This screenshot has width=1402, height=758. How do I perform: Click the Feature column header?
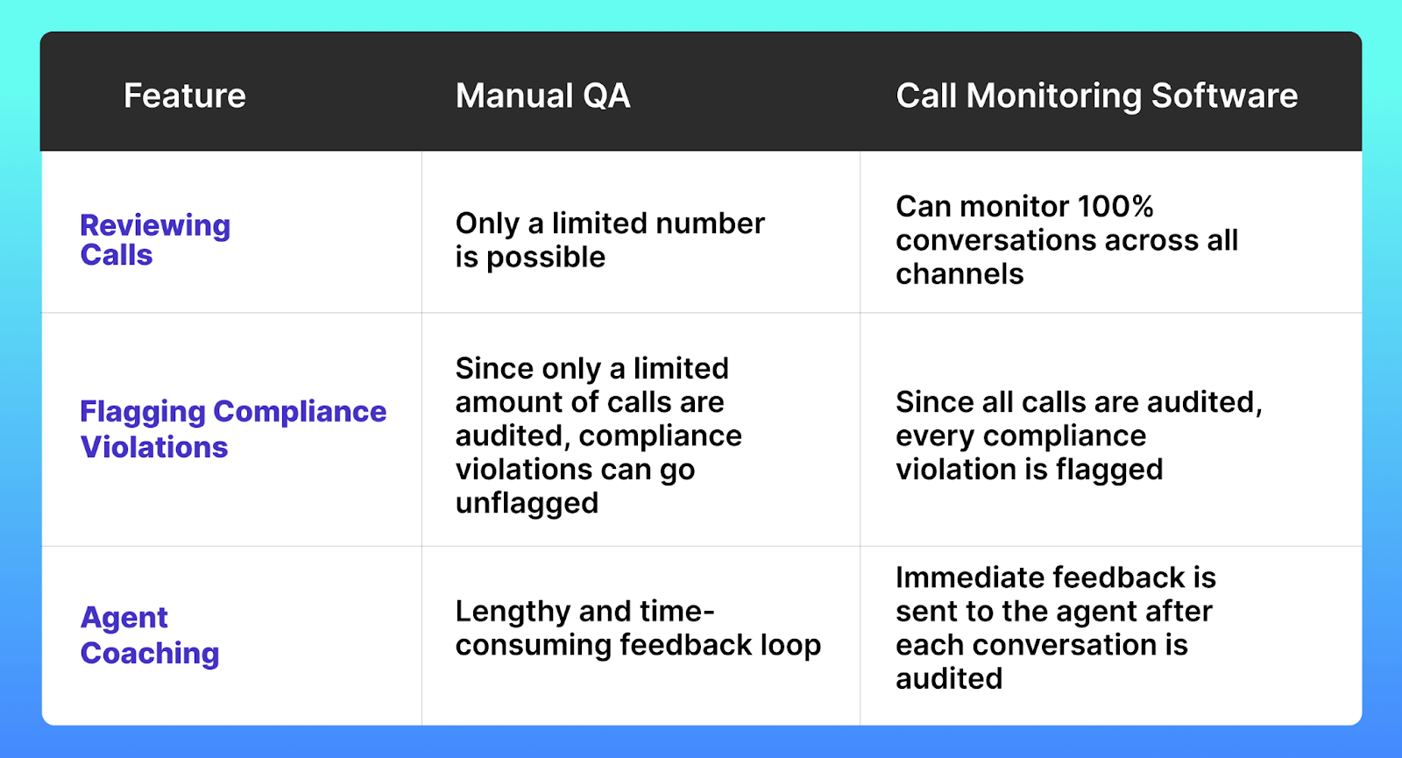(185, 96)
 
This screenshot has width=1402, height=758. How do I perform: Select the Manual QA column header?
(542, 96)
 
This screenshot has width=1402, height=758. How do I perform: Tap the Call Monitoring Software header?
(1096, 96)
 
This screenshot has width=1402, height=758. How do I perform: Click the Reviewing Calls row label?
(155, 240)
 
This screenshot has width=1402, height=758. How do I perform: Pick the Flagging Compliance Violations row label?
(233, 429)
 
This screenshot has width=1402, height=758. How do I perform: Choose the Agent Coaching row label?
(150, 635)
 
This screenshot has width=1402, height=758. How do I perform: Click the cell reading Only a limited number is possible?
(610, 240)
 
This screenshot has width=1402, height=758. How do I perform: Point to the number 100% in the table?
(1115, 207)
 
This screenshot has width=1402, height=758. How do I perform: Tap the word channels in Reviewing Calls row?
(959, 274)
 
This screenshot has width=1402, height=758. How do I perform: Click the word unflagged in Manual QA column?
(527, 504)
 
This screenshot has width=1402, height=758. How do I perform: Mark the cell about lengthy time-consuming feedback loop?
(638, 628)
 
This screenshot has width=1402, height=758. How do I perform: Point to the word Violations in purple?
(154, 448)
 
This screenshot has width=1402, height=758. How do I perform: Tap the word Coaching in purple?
(150, 654)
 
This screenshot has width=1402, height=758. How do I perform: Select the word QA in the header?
(605, 96)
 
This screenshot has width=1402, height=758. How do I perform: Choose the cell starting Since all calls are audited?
(1078, 436)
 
